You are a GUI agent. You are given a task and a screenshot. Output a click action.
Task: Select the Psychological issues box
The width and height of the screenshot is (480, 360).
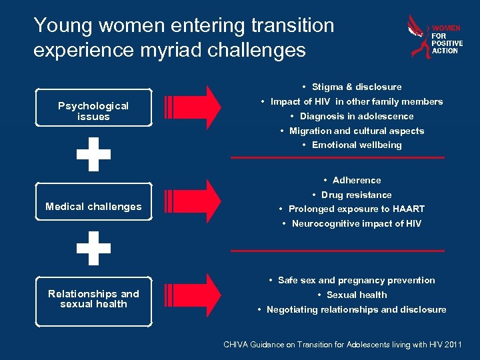(93, 111)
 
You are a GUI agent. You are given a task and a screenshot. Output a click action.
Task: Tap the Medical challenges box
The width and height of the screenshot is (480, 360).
(93, 207)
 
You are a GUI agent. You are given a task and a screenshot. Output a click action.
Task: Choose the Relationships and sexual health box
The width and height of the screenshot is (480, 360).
(93, 299)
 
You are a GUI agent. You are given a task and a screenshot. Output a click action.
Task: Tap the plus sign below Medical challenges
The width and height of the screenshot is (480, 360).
(93, 248)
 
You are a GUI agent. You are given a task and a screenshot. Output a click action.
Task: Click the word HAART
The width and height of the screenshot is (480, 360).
(409, 209)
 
